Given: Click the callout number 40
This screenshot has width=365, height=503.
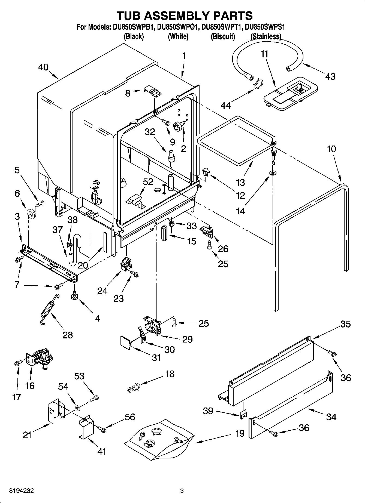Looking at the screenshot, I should click(44, 67).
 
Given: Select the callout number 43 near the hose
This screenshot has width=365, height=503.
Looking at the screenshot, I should click(330, 76).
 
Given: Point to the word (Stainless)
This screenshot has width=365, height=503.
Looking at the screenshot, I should click(266, 36).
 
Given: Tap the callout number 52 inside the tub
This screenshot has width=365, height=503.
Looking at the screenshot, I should click(148, 182).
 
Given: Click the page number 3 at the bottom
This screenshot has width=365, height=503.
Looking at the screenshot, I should click(182, 491).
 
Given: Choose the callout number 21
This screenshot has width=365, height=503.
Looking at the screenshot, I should click(27, 435).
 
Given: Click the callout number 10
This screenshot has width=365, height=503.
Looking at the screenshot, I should click(331, 149).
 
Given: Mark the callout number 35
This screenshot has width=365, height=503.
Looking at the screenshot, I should click(345, 324).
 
